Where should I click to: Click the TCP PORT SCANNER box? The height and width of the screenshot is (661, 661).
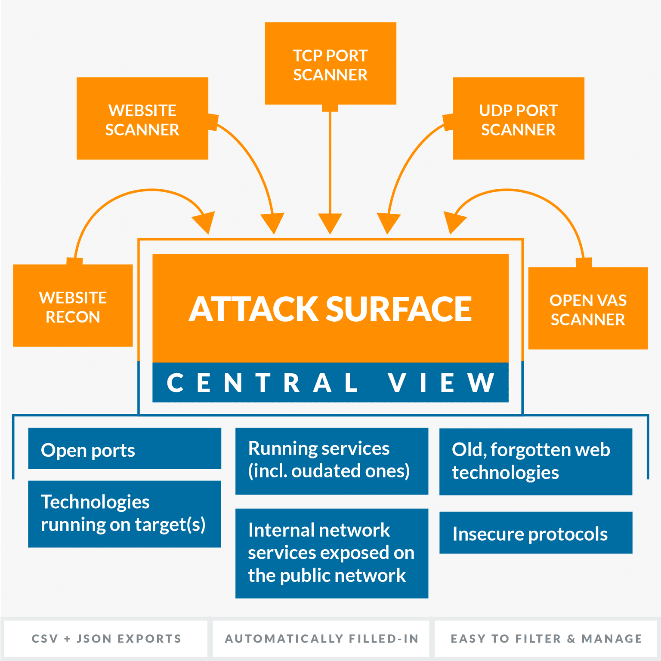pos(330,64)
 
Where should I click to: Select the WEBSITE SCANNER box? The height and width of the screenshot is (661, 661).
pos(142,119)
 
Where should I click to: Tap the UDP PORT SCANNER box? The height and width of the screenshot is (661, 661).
pos(518,119)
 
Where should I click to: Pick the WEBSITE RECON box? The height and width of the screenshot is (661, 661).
pos(73,306)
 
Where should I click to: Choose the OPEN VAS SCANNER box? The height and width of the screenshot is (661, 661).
pos(588,309)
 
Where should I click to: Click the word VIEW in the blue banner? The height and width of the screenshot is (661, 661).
pos(441,383)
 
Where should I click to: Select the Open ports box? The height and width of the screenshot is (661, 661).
pos(124,449)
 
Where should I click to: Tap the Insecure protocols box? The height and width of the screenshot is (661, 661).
pos(536,533)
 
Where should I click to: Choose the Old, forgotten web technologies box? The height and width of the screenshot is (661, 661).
pos(536,461)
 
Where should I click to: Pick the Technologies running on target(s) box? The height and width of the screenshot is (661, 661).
pos(124,514)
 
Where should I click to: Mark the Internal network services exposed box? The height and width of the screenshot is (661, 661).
pos(331,553)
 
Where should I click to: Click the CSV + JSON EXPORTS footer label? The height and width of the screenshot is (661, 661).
pos(106,639)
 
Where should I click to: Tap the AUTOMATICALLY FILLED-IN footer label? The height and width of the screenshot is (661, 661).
pos(321,639)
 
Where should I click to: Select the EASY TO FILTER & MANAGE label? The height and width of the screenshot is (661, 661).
pos(546,639)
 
